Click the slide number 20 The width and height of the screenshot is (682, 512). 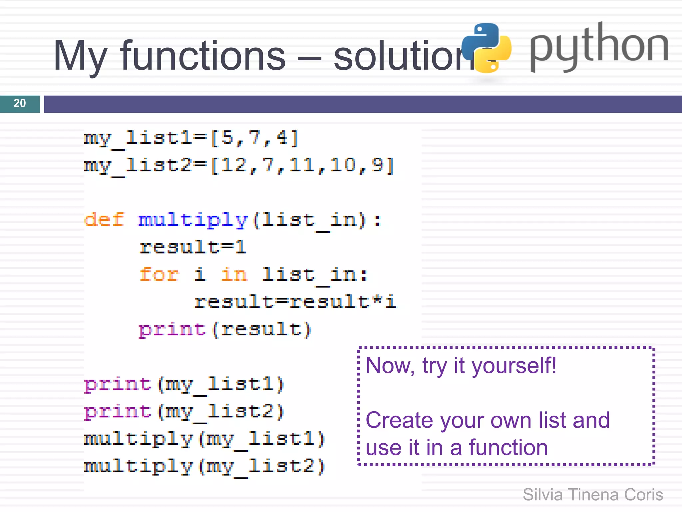click(x=20, y=103)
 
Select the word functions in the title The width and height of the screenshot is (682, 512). click(x=203, y=56)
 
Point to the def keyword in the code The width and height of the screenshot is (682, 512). click(x=104, y=220)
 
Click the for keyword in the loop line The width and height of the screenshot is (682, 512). click(x=159, y=274)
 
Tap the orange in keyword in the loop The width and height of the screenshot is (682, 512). click(x=234, y=274)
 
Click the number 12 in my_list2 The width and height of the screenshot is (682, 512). click(x=234, y=165)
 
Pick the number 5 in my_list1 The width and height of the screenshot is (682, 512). click(x=227, y=138)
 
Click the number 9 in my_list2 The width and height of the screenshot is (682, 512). click(x=378, y=165)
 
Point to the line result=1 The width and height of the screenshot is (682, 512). click(x=193, y=247)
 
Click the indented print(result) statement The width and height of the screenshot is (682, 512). click(x=225, y=329)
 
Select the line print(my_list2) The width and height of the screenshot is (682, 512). click(x=184, y=412)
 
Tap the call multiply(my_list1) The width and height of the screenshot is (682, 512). click(x=204, y=439)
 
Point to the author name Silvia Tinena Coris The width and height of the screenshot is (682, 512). click(x=593, y=495)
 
